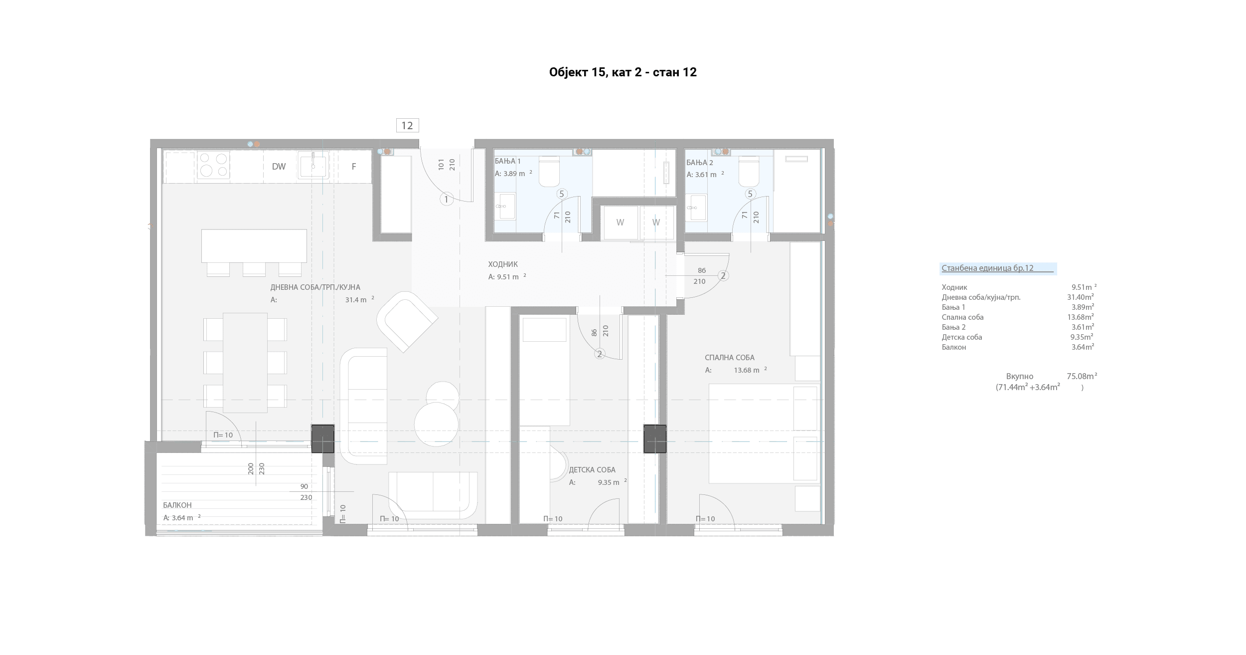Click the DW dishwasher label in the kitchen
279,167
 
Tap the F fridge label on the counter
354,167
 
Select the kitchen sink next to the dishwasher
313,166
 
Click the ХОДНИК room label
503,264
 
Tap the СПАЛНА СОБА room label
730,358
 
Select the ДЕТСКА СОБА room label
592,470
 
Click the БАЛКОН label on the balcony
177,505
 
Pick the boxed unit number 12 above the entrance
407,125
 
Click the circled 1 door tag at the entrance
446,200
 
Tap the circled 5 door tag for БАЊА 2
750,194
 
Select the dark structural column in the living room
323,438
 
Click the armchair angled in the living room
407,322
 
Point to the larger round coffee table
436,424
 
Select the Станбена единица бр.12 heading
988,268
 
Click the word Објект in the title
569,73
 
